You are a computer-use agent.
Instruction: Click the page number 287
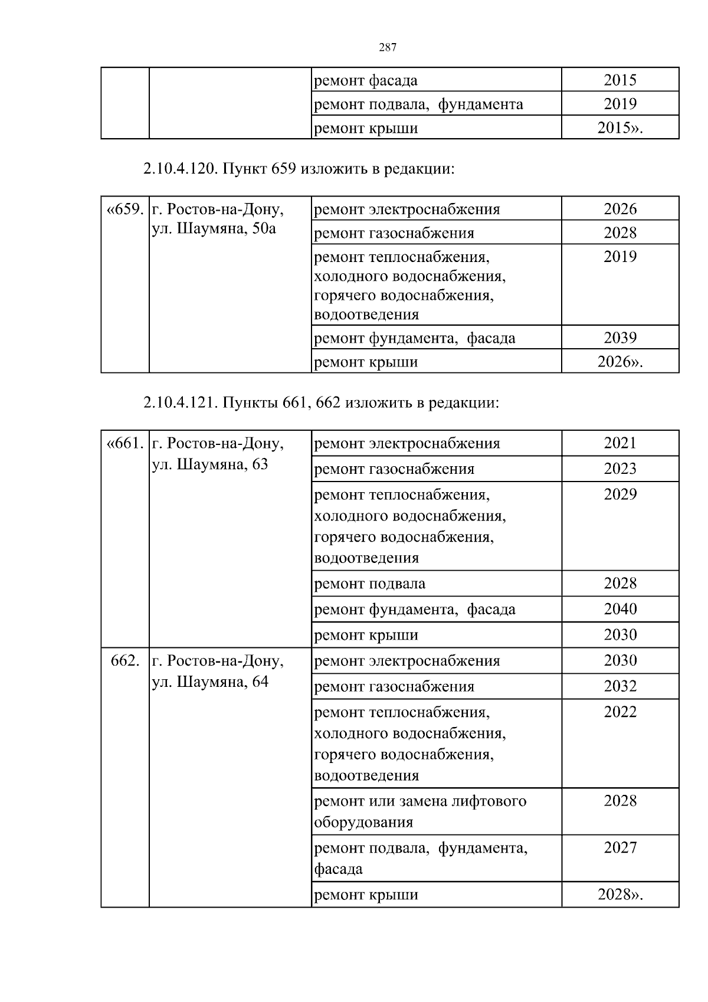387,48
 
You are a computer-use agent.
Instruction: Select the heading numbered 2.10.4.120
299,169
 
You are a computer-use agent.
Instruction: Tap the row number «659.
125,209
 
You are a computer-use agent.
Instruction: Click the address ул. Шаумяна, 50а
214,229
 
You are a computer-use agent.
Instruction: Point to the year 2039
620,338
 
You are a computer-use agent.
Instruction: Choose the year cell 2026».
620,362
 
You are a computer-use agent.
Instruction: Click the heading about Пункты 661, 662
321,403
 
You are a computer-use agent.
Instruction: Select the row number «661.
125,443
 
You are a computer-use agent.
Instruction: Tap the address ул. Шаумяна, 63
210,464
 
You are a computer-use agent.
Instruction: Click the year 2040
620,608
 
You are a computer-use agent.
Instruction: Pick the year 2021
620,443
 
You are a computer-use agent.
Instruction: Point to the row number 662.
125,660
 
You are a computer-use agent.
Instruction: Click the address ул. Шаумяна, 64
210,682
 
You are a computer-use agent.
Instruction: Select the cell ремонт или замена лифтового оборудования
420,811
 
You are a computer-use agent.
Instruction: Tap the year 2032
620,686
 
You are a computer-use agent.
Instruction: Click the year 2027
620,847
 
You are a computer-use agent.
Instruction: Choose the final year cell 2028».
620,894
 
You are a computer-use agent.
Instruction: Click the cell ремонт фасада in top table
366,80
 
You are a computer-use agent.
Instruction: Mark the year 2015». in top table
620,128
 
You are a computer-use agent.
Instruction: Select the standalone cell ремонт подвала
369,584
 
